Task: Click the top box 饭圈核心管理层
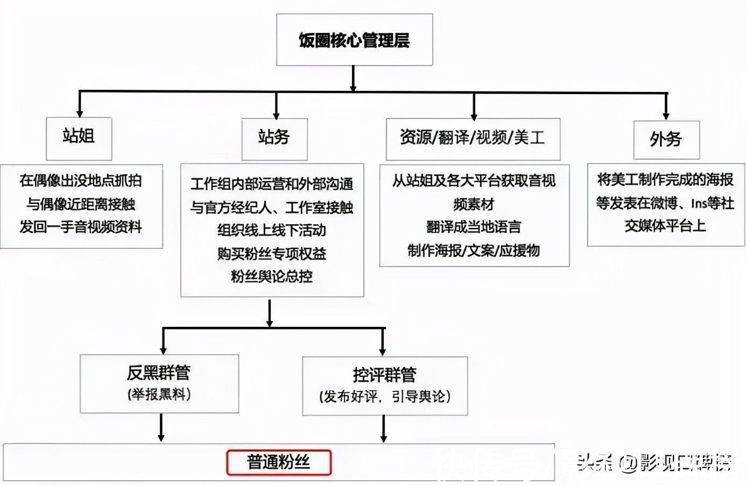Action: pyautogui.click(x=354, y=40)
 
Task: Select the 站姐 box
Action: pyautogui.click(x=79, y=138)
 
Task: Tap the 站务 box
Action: pyautogui.click(x=274, y=139)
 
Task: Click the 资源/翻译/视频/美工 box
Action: pyautogui.click(x=473, y=139)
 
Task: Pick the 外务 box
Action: pyautogui.click(x=666, y=139)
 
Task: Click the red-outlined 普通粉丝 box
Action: pyautogui.click(x=278, y=462)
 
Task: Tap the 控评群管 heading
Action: pyautogui.click(x=384, y=375)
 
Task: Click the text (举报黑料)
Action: pyautogui.click(x=159, y=395)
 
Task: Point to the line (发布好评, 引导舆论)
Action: pyautogui.click(x=384, y=397)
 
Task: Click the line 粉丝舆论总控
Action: pyautogui.click(x=272, y=277)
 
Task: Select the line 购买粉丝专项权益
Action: pyautogui.click(x=272, y=254)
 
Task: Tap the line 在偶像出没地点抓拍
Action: pyautogui.click(x=81, y=181)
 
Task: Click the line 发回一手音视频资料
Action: pyautogui.click(x=81, y=227)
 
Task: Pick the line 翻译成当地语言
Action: pyautogui.click(x=474, y=227)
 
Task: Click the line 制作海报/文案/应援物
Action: pyautogui.click(x=474, y=251)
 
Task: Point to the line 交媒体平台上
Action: pyautogui.click(x=665, y=226)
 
